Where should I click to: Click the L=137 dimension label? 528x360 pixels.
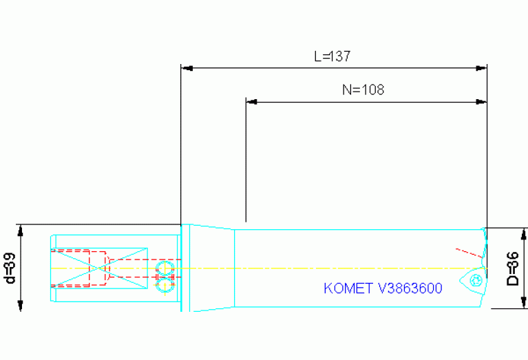click(332, 56)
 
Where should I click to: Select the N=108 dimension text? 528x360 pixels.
click(363, 89)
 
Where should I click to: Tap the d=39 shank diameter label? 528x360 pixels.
click(10, 268)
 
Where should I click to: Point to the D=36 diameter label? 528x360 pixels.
click(512, 268)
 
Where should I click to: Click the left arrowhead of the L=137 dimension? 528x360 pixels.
click(185, 68)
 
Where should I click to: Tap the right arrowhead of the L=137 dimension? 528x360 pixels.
click(482, 68)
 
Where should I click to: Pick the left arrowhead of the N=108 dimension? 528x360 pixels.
click(251, 102)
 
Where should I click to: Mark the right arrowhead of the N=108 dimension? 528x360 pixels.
click(482, 102)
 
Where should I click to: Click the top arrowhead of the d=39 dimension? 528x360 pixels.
click(21, 229)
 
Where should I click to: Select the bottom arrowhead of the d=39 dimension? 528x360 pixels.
click(21, 306)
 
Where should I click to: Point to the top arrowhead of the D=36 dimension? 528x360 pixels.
click(524, 233)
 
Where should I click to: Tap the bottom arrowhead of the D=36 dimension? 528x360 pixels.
click(524, 304)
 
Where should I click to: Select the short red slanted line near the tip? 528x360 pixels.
click(465, 250)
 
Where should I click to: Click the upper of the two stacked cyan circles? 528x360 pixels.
click(165, 267)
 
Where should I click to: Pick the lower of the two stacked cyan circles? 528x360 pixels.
click(165, 283)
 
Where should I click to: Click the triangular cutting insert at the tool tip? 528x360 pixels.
click(477, 278)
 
